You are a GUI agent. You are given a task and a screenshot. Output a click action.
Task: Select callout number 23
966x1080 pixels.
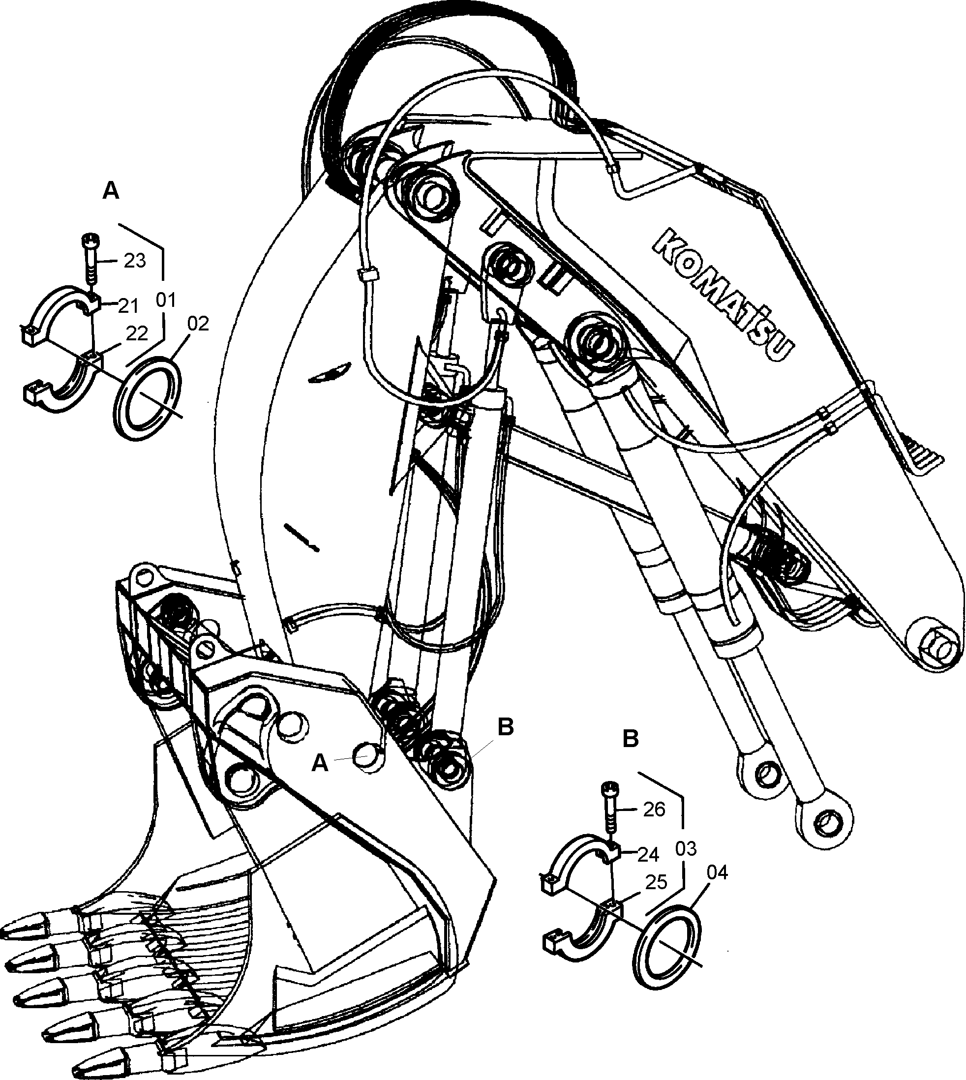(135, 261)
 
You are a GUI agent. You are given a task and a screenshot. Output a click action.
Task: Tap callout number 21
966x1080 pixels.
(128, 306)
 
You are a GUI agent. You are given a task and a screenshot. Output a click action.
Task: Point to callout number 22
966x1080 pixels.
(136, 333)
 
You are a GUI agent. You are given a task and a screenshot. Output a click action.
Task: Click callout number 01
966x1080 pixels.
(166, 300)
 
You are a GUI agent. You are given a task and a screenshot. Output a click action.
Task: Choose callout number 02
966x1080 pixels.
(198, 324)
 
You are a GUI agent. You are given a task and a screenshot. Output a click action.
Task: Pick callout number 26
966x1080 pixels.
(654, 810)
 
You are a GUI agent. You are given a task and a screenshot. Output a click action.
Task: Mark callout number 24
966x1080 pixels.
(648, 854)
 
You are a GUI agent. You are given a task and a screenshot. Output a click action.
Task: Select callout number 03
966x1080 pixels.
(686, 849)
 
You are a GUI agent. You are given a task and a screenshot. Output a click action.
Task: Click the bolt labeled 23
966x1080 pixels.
(89, 264)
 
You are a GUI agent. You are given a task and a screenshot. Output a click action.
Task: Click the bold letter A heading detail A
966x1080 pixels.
(110, 190)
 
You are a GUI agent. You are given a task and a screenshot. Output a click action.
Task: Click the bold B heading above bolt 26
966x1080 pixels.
(630, 739)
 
